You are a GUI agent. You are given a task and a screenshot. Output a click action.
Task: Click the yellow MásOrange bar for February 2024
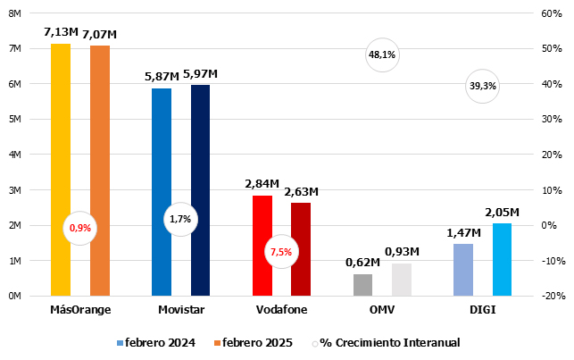pyautogui.click(x=61, y=170)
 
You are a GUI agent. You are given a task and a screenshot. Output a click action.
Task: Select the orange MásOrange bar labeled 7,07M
pyautogui.click(x=99, y=170)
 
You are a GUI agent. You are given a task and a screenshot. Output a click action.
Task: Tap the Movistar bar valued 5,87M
pyautogui.click(x=162, y=192)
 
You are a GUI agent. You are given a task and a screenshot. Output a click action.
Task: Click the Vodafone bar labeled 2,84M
pyautogui.click(x=262, y=245)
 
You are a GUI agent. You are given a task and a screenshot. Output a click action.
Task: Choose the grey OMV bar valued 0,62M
pyautogui.click(x=362, y=284)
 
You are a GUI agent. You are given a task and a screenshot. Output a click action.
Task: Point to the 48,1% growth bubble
pyautogui.click(x=381, y=54)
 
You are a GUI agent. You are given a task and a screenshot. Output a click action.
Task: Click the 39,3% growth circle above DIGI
pyautogui.click(x=482, y=87)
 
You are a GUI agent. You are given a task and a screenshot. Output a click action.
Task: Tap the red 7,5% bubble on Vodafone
pyautogui.click(x=280, y=252)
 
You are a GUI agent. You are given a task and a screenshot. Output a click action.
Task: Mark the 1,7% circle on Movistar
pyautogui.click(x=180, y=219)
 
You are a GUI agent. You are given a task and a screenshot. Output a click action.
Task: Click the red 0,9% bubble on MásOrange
pyautogui.click(x=80, y=228)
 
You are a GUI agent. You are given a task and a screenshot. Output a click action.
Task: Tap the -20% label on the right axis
pyautogui.click(x=549, y=296)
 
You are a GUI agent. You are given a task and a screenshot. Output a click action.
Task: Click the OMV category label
pyautogui.click(x=381, y=310)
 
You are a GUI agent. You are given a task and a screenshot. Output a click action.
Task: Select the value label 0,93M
pyautogui.click(x=402, y=252)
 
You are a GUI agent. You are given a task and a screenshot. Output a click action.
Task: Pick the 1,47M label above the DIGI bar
pyautogui.click(x=463, y=232)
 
